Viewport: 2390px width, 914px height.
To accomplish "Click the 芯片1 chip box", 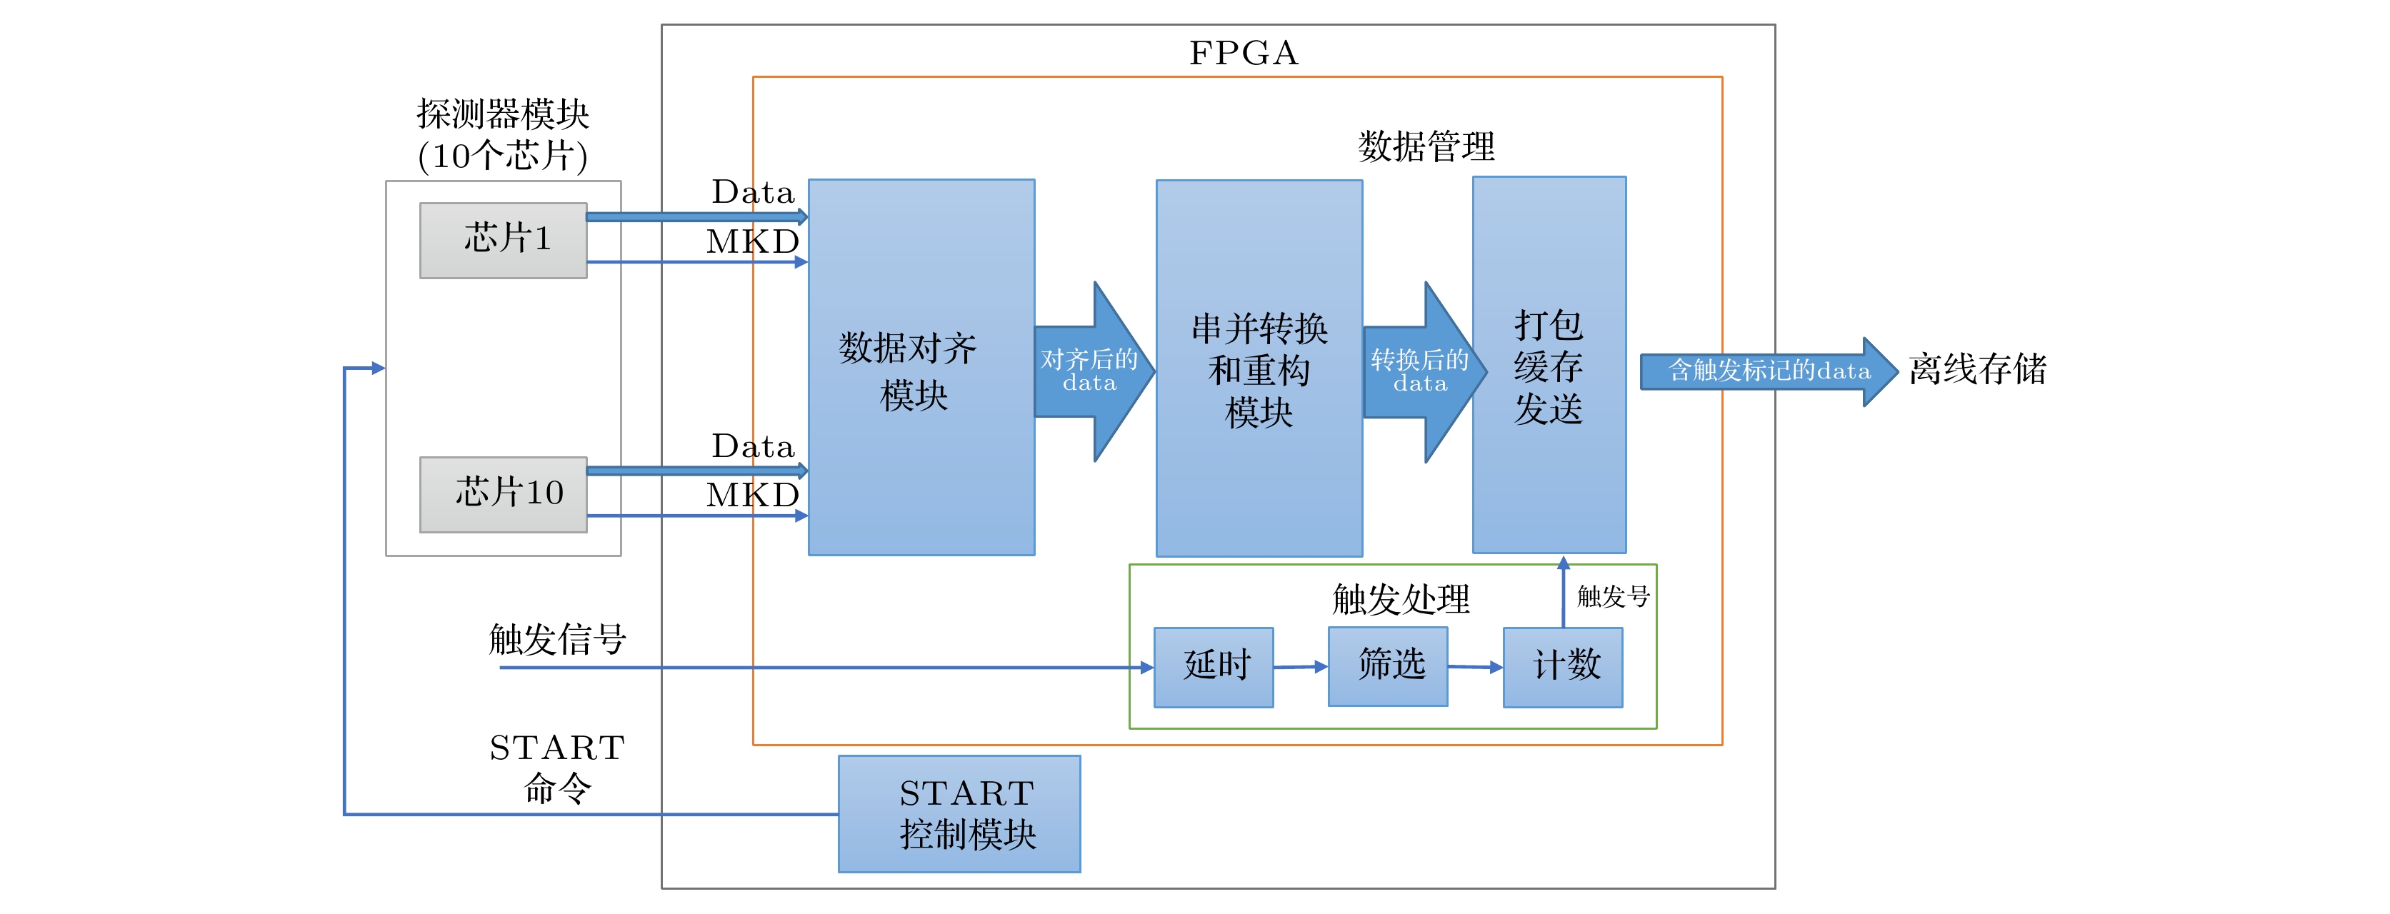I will tap(503, 241).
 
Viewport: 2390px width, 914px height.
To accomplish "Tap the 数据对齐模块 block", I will tap(921, 368).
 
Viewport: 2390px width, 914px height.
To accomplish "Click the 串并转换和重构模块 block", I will tap(1259, 368).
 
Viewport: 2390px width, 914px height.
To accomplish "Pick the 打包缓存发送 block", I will tap(1549, 366).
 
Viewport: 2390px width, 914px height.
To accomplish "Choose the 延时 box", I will tap(1214, 666).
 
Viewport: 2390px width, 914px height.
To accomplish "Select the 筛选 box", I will tap(1387, 666).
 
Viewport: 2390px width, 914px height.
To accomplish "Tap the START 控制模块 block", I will tap(959, 813).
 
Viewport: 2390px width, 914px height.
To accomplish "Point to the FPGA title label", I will tap(1244, 53).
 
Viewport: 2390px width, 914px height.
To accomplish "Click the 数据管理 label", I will tap(1426, 146).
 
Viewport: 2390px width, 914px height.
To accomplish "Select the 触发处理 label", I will tap(1401, 599).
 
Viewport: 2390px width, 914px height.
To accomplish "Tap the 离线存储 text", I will tap(1977, 369).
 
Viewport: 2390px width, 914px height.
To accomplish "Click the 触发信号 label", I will tap(558, 639).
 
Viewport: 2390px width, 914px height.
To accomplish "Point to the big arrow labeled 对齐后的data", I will tap(1093, 371).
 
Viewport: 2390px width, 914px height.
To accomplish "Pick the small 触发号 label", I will tap(1614, 596).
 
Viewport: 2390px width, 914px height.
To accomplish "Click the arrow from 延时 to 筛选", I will tap(1301, 666).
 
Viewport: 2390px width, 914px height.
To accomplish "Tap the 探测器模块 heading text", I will tap(503, 114).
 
